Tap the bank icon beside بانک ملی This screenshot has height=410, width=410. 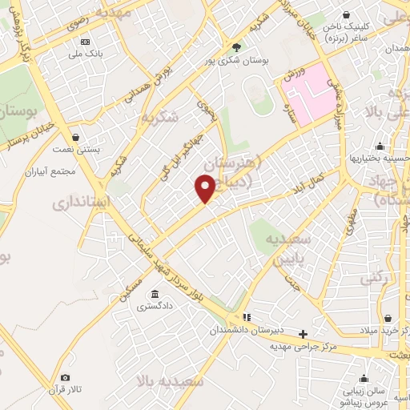tap(85, 42)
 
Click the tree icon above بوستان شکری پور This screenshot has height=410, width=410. tap(235, 46)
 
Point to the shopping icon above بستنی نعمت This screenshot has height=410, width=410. tap(75, 137)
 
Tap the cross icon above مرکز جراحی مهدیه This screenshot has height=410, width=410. tap(303, 334)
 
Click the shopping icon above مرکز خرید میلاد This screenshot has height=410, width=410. tap(388, 319)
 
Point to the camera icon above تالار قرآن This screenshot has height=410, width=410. tap(65, 377)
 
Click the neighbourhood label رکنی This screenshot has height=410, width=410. tap(373, 278)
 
